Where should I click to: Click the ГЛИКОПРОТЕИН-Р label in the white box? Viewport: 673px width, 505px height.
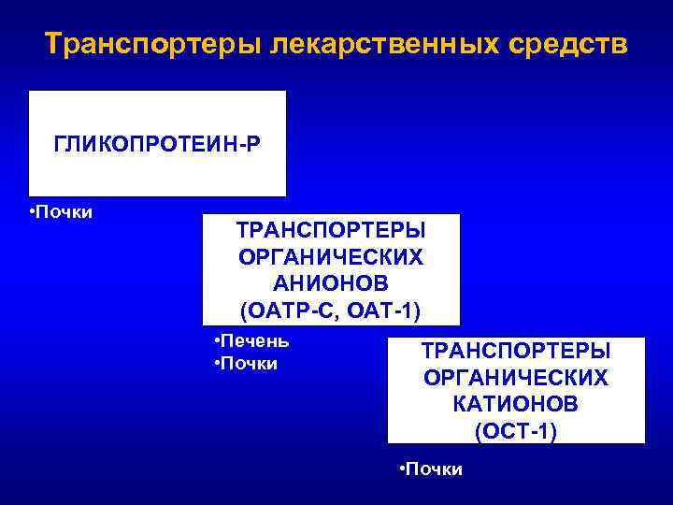157,145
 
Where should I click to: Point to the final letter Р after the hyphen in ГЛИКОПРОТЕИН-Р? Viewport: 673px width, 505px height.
255,145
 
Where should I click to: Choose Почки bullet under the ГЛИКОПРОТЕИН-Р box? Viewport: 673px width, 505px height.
64,211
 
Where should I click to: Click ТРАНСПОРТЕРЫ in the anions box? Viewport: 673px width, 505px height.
330,230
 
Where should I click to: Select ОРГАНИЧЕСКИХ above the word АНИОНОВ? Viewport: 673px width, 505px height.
330,256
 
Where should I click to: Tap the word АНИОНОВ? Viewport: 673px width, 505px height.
330,282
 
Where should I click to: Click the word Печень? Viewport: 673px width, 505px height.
254,340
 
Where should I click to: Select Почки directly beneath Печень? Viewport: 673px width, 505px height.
249,363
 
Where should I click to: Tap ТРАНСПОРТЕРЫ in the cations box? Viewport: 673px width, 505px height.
516,351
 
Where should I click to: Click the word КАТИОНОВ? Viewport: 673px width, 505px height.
516,404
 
